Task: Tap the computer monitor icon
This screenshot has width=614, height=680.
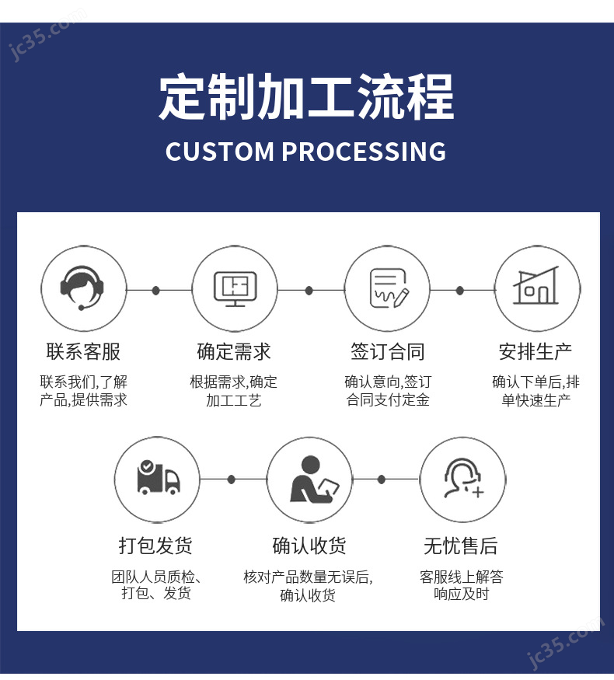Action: point(235,289)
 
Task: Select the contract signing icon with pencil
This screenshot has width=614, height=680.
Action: point(389,288)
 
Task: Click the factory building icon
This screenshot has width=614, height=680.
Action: point(536,286)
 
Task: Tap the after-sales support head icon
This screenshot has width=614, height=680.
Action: point(463,478)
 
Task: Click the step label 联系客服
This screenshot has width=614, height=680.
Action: point(83,352)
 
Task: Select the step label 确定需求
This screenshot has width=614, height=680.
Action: point(234,352)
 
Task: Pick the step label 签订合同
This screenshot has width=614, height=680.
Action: point(388,352)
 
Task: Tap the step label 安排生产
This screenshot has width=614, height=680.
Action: point(536,352)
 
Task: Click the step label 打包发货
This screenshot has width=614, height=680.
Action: point(155,546)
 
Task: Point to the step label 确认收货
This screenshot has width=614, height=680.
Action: point(309,546)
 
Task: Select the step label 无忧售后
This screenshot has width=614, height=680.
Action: point(461,546)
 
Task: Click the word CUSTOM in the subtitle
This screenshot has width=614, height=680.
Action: point(220,152)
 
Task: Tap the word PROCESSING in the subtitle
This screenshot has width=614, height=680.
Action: point(365,152)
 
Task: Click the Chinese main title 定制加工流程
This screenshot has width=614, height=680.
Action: point(306,96)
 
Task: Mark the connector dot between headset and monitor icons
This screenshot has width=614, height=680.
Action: point(156,290)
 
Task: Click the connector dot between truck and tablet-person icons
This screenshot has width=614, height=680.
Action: point(232,479)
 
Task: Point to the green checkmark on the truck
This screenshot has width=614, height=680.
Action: point(147,466)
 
